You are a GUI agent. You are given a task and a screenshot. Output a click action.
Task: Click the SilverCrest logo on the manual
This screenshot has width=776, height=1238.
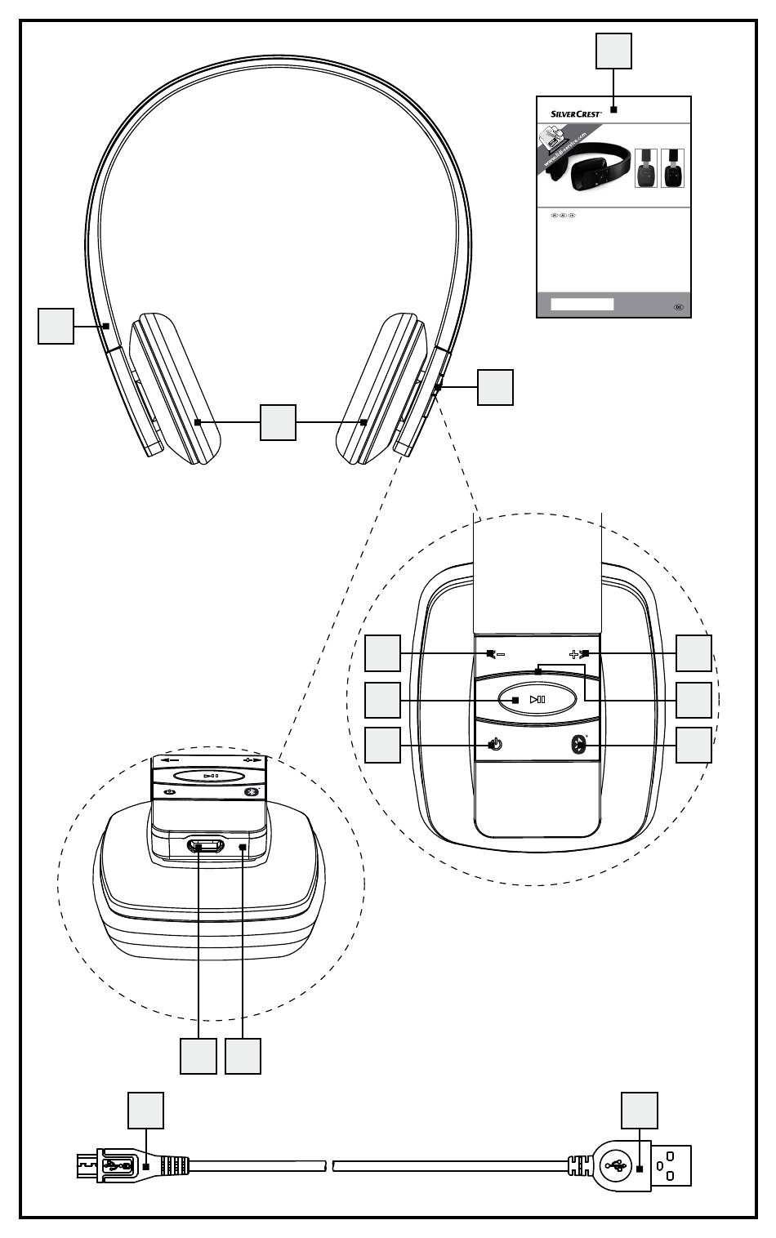572,114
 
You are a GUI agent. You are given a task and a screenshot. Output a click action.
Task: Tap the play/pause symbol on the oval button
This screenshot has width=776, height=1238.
537,699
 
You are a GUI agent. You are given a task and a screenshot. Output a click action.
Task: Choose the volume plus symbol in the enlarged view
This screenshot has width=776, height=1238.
579,654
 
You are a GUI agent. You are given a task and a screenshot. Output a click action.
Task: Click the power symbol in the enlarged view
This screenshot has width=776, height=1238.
494,745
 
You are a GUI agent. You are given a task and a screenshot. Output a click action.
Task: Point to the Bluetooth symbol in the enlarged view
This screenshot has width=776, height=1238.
578,745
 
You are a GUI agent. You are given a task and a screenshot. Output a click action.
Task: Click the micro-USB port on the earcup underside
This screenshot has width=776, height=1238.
206,846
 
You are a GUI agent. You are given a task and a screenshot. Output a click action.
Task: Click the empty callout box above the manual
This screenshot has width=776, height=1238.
613,51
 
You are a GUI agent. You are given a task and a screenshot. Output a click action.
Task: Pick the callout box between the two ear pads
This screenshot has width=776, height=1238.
278,422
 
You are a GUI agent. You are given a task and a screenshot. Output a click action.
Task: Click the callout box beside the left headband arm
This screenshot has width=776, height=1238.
56,326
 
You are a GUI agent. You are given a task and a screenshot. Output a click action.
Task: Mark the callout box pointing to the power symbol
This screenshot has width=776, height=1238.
382,745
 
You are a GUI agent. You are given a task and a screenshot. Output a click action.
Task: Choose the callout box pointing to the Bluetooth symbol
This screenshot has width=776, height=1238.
693,745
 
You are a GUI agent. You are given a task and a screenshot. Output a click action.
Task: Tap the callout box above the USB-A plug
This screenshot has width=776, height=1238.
640,1111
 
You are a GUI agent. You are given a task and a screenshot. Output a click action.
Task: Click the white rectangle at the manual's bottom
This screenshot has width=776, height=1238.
582,304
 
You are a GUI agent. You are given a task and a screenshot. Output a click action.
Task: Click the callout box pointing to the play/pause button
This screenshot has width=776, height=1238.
382,700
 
